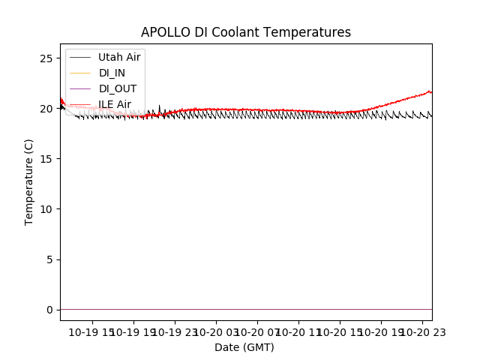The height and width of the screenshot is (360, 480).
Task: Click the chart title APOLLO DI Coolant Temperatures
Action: tap(246, 32)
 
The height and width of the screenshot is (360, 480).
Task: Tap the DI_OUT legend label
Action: tap(118, 88)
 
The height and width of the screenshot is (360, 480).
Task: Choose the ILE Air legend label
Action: tap(115, 104)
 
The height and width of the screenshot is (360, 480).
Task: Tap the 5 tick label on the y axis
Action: tap(49, 259)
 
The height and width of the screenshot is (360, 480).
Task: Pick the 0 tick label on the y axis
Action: tap(49, 310)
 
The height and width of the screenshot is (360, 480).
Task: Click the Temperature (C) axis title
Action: tap(29, 181)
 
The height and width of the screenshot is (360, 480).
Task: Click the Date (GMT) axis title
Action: tap(244, 347)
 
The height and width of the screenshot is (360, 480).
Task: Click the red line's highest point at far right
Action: tap(430, 91)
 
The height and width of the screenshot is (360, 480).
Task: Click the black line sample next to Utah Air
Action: tap(79, 57)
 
